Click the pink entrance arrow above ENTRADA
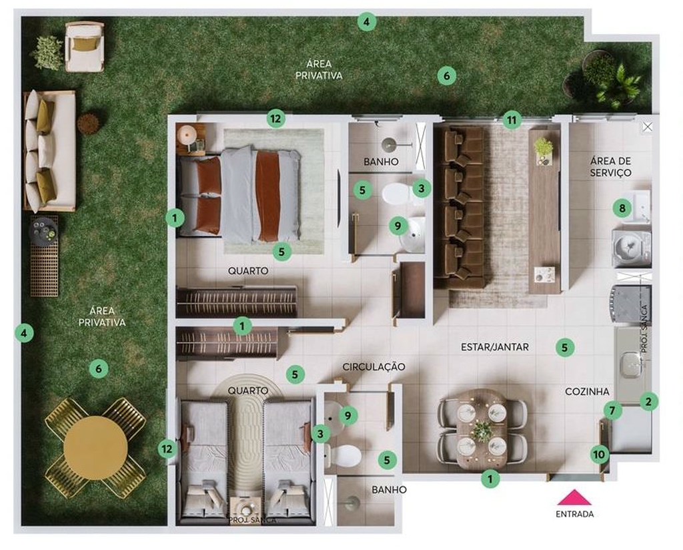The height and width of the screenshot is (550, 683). (x=575, y=497)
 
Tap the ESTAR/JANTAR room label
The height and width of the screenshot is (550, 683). (x=495, y=347)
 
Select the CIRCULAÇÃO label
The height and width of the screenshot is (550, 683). (x=374, y=367)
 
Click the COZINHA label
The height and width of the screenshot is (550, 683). (x=587, y=392)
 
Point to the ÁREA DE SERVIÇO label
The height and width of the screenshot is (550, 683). (x=611, y=167)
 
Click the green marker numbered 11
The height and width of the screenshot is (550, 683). (x=512, y=120)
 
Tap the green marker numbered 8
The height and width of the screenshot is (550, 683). (x=622, y=208)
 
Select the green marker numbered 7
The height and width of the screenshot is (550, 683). (x=612, y=410)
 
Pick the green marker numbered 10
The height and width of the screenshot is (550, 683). (x=600, y=455)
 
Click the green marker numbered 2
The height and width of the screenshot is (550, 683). (x=648, y=401)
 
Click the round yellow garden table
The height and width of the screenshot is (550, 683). (x=95, y=448)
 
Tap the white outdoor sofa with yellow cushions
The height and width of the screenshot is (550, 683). (x=49, y=152)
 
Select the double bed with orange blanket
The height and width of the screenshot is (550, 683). (x=239, y=194)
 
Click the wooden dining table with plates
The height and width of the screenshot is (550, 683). (x=482, y=429)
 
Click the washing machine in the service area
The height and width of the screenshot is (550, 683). (x=631, y=248)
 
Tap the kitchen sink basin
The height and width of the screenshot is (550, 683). (x=630, y=365)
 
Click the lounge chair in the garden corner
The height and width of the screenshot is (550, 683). (x=85, y=47)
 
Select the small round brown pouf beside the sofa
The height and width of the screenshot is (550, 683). (x=89, y=123)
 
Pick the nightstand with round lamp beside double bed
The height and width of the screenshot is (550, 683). (x=191, y=139)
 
